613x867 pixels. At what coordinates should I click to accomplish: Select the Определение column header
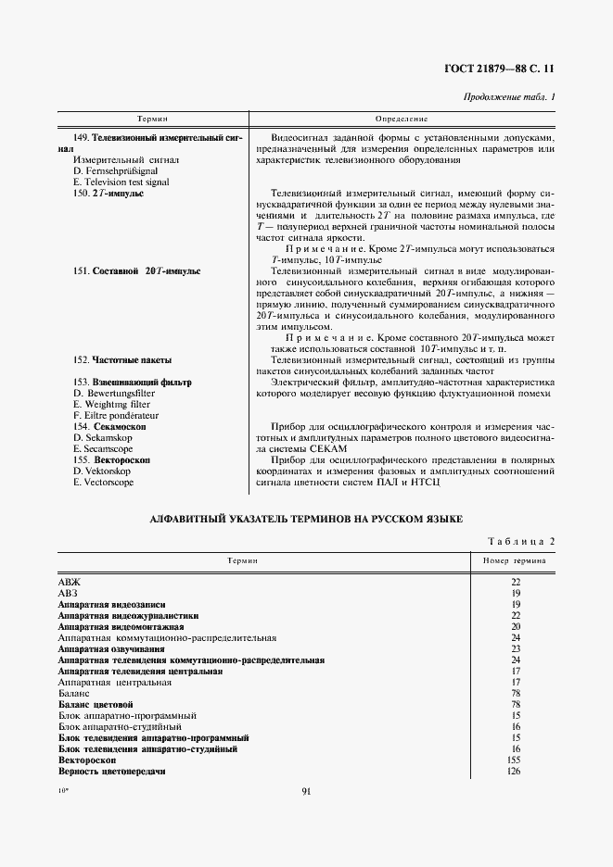coord(402,119)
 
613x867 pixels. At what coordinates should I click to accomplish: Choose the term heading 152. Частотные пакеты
coord(121,359)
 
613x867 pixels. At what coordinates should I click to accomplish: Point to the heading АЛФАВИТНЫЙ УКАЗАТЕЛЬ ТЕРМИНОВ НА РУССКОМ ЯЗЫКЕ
coord(306,521)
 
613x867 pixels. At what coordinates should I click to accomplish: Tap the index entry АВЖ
coord(70,582)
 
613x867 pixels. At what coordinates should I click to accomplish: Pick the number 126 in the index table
coord(515,771)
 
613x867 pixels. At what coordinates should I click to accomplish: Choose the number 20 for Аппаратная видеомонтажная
coord(515,626)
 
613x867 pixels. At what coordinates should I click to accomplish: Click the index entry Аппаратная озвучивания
coord(111,648)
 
